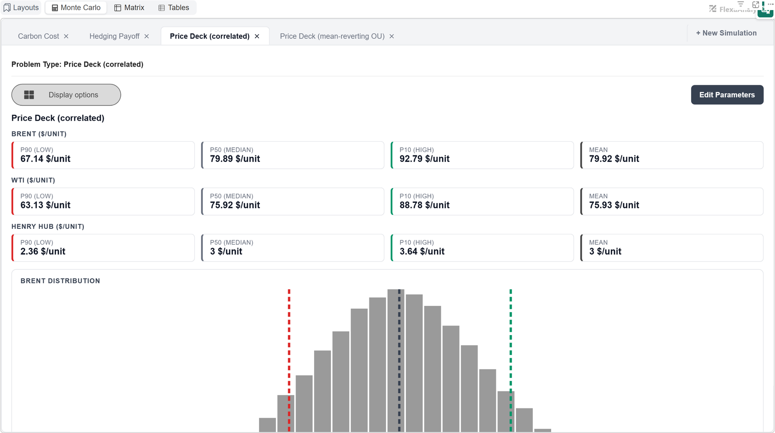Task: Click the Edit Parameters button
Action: coord(727,95)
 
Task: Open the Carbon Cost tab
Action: coord(38,36)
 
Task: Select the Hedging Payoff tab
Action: coord(114,36)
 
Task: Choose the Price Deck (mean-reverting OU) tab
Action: coord(332,36)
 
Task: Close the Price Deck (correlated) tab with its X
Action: coord(257,36)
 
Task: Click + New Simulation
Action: coord(726,33)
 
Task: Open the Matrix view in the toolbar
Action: coord(129,8)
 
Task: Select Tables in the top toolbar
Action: coord(174,8)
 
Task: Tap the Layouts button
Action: coord(21,8)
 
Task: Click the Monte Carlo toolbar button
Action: coord(76,8)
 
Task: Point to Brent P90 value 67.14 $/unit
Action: coord(45,159)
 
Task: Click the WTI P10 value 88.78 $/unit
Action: coord(424,205)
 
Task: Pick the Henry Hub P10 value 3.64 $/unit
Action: coord(422,252)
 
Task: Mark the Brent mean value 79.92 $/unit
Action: coord(614,159)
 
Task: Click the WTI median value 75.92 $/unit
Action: coord(235,205)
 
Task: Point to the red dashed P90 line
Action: coord(289,361)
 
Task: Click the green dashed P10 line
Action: coord(511,361)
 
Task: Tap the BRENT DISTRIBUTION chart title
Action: coord(60,281)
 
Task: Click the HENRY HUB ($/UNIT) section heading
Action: coord(48,227)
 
